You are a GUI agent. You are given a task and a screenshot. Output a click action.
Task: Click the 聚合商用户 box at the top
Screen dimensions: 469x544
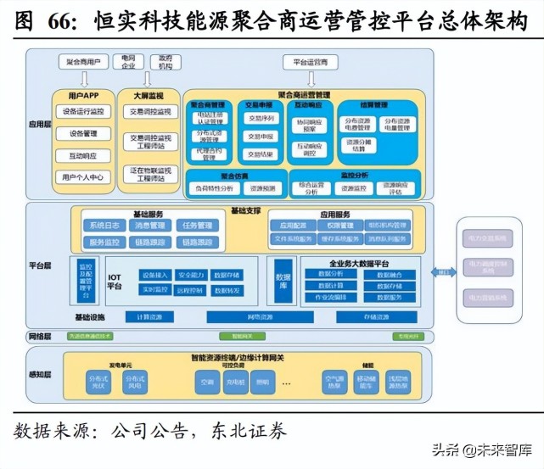83,62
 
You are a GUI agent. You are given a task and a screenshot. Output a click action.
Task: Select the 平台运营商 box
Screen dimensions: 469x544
310,62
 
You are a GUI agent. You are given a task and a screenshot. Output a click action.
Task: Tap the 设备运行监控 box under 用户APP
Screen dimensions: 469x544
83,112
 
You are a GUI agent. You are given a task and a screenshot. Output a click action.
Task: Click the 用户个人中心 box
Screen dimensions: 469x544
83,177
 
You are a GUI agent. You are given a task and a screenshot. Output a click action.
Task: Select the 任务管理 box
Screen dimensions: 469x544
197,226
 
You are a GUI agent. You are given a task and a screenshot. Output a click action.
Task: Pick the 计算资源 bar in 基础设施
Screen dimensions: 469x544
149,317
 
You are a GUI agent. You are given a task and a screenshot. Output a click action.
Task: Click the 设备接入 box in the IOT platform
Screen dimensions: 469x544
157,275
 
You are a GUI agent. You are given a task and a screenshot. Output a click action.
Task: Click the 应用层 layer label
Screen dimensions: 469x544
40,124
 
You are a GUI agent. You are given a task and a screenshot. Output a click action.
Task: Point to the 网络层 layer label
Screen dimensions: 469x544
40,336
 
